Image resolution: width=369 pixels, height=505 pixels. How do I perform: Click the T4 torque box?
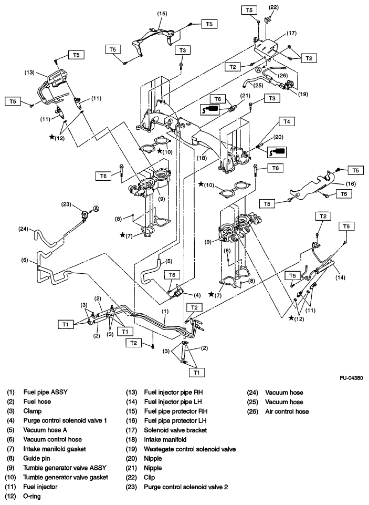click(x=286, y=121)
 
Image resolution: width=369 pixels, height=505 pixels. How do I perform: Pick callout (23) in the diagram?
click(x=66, y=204)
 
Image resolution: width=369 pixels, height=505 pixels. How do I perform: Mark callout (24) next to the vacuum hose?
click(x=25, y=229)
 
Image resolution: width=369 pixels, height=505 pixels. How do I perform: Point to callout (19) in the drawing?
click(x=301, y=95)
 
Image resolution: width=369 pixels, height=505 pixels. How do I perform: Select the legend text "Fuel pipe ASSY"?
click(x=46, y=392)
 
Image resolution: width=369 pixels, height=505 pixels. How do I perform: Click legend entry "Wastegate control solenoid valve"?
click(x=189, y=449)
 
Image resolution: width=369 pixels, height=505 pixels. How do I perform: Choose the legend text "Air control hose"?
click(x=287, y=411)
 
